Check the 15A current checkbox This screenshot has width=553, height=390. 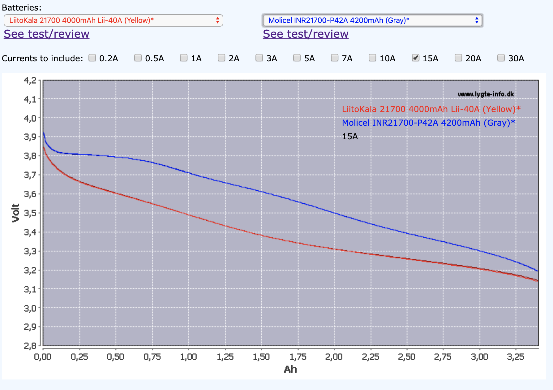coord(416,58)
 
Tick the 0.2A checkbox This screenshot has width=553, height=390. coord(92,58)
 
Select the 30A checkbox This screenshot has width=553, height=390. coord(501,58)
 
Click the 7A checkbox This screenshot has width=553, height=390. coord(335,58)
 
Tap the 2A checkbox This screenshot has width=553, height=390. coord(221,58)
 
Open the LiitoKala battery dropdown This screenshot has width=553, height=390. coord(113,20)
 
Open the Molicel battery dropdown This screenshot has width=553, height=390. coord(372,20)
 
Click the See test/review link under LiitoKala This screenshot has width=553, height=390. coord(46,34)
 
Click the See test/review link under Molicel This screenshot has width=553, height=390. coord(306,34)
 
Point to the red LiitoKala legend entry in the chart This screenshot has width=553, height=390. coord(431,109)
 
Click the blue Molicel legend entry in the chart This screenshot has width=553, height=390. coord(428,123)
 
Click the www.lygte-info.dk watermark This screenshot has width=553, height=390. coord(486,94)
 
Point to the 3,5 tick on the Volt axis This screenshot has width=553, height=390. coord(30,213)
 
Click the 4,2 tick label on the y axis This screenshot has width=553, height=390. coord(30,80)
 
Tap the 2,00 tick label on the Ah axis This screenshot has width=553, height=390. coord(334,357)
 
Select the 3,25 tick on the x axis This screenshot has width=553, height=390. coord(516,357)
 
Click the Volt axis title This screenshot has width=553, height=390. coord(15,213)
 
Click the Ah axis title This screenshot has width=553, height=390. coord(290,369)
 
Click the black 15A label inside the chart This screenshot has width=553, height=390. coord(350,136)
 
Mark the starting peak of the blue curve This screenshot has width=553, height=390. coord(44,133)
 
